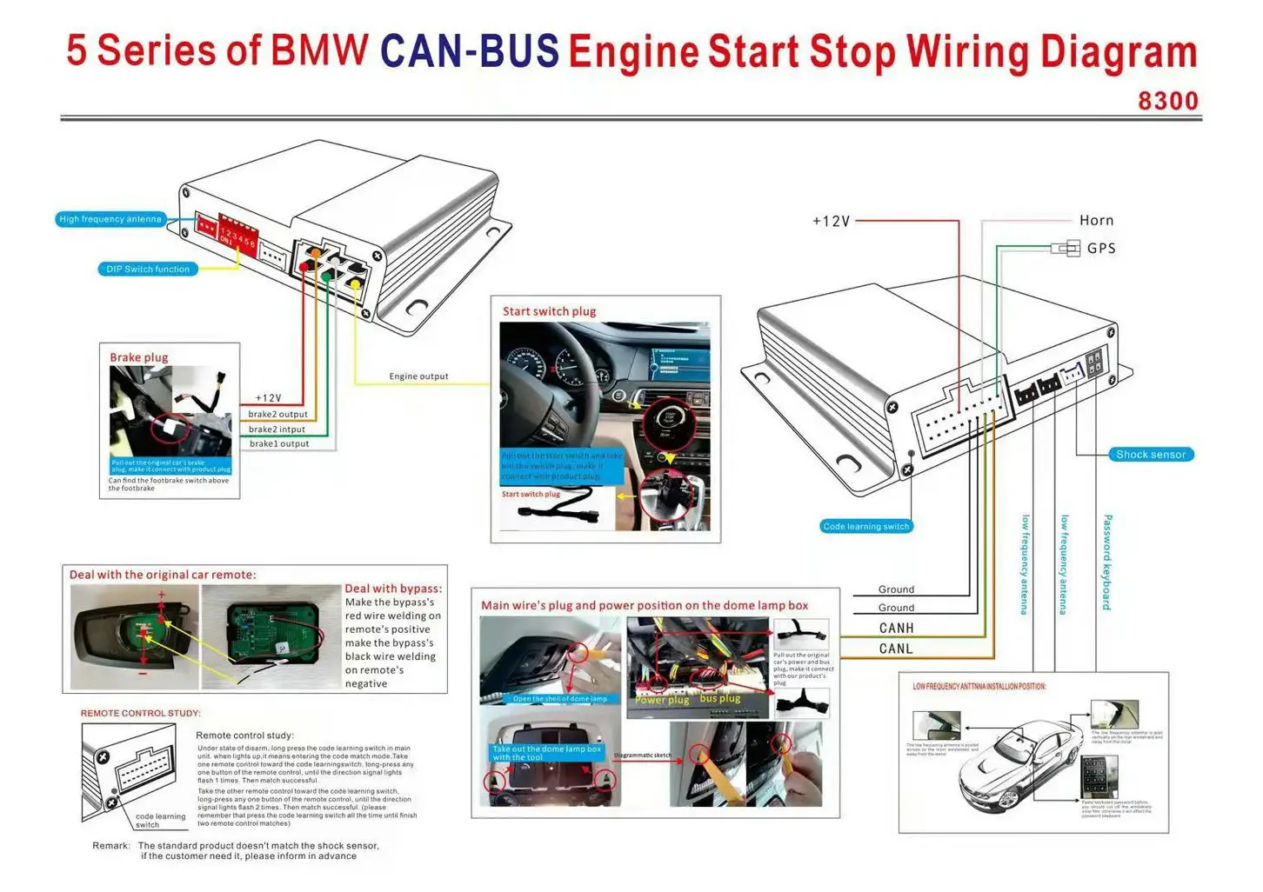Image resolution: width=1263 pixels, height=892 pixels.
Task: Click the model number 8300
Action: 1167,101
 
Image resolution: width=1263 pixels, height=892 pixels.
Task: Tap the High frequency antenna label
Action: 110,219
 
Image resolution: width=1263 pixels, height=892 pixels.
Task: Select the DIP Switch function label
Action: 147,270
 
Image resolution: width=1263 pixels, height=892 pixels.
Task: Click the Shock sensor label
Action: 1150,455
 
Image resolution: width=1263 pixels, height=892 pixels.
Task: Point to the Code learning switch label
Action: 865,526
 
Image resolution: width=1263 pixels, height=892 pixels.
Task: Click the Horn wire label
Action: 1096,221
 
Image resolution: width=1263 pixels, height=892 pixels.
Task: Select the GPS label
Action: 1100,249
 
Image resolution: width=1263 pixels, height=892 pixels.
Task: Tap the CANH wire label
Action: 896,628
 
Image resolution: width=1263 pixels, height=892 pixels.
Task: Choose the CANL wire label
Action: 896,649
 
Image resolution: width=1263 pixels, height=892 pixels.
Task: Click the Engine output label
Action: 418,376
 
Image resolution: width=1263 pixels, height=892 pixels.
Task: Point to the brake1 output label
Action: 279,443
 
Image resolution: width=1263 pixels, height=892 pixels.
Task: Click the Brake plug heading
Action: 139,357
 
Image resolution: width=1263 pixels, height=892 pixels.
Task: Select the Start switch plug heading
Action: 549,311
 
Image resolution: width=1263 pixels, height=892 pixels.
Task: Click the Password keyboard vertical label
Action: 1107,562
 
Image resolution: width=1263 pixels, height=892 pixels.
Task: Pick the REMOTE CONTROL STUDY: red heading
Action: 140,713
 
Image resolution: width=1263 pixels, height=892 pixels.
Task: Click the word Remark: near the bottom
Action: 111,845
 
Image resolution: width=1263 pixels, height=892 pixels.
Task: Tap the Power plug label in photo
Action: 662,700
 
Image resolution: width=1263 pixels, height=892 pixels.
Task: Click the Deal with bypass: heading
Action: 393,589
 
